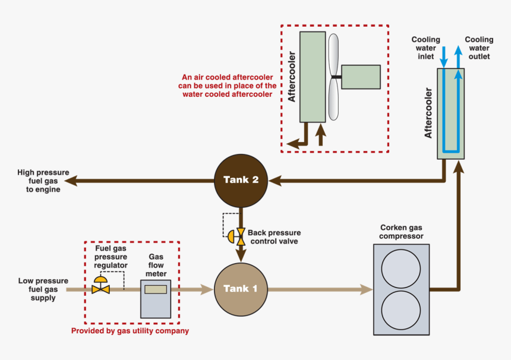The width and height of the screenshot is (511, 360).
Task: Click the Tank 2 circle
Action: tap(241, 179)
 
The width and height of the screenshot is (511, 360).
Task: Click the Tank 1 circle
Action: tap(241, 289)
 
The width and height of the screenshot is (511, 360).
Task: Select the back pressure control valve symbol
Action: tap(240, 236)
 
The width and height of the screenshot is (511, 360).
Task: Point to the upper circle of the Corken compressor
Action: tap(400, 268)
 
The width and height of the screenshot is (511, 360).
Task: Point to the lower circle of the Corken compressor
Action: tap(400, 310)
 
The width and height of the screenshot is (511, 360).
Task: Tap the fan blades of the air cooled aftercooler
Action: tap(333, 77)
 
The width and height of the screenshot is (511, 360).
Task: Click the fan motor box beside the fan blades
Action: tap(361, 77)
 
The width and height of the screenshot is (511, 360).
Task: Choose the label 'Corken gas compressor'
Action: tap(402, 232)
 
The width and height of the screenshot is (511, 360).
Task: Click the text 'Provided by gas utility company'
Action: tap(130, 331)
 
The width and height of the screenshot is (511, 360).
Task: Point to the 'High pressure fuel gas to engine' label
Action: tap(39, 180)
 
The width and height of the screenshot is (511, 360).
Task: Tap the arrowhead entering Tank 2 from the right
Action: tap(274, 179)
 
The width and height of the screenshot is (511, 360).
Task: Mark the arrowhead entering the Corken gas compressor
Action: tap(367, 289)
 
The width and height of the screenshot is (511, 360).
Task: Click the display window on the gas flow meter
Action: tap(156, 289)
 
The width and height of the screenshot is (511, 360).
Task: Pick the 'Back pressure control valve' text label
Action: tap(274, 237)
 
